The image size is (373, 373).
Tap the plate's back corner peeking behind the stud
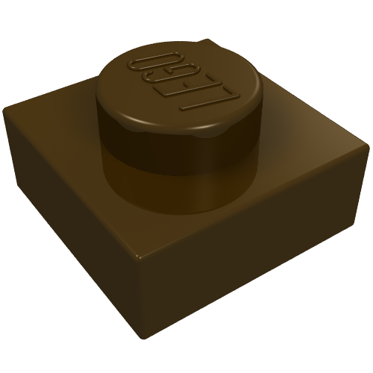tap(206, 41)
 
